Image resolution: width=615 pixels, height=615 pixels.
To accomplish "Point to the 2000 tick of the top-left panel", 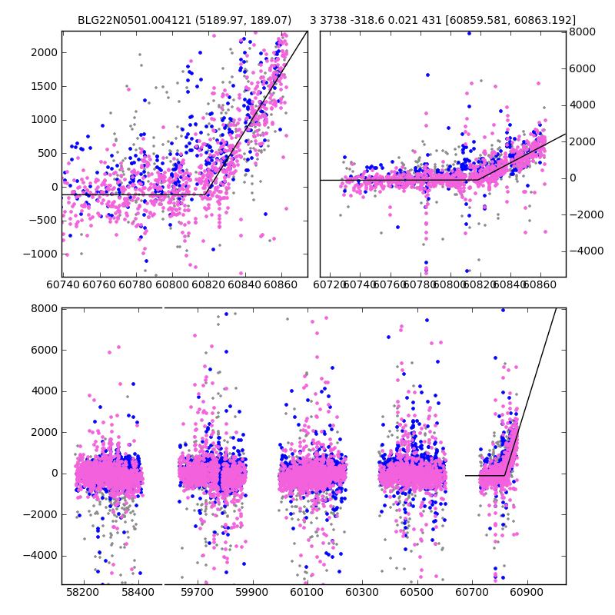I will click(44, 52).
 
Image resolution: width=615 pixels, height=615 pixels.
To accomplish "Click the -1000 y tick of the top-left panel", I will click(42, 254).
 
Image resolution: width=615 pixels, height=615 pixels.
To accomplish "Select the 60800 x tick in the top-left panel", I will click(171, 284).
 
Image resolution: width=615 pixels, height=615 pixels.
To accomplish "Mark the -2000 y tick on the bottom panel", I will click(42, 514).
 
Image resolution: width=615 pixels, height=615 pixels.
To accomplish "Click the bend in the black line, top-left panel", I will click(207, 194).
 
